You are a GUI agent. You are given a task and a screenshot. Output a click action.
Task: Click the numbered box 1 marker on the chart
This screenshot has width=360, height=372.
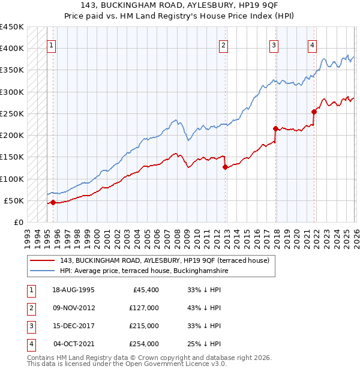(x=52, y=45)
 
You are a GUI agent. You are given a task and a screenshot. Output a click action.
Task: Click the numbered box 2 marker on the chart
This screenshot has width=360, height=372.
(x=223, y=45)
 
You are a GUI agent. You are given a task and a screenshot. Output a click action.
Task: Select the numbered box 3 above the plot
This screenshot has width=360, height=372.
(x=274, y=45)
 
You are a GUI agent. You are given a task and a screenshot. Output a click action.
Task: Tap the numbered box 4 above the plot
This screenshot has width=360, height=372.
(x=313, y=45)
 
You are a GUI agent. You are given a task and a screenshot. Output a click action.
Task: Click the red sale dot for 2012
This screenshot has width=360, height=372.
(x=225, y=167)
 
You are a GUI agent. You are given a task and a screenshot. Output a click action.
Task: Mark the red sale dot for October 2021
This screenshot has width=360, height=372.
(x=314, y=112)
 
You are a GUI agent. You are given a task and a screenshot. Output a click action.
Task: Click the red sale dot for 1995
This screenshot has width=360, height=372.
(x=53, y=202)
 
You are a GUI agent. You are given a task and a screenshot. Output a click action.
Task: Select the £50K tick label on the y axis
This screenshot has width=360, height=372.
(x=14, y=200)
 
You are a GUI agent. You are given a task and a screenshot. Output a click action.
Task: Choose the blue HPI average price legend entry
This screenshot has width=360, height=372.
(x=144, y=271)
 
